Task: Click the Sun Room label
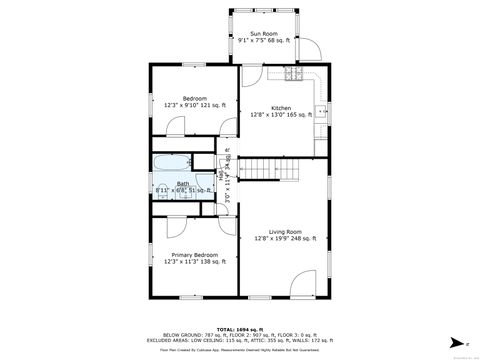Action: pos(264,34)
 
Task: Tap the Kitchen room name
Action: pos(282,108)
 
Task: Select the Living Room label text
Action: pos(284,232)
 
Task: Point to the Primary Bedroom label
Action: pos(194,254)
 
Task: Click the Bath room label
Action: pos(183,183)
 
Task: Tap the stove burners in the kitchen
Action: pos(293,75)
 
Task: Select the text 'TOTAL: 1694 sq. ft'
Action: pos(239,327)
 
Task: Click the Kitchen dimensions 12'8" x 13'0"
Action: pos(282,115)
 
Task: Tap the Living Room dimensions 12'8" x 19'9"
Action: pos(284,239)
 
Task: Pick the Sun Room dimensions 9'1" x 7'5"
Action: pos(264,41)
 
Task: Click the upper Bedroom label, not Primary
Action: pos(194,97)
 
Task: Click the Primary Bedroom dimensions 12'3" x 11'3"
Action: pos(194,261)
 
